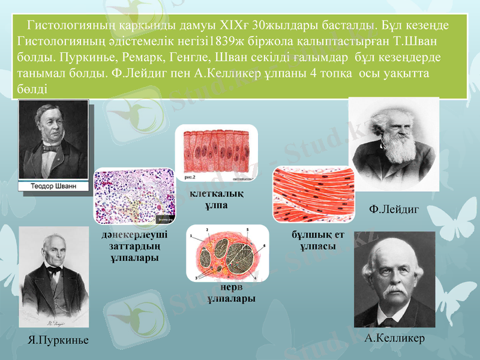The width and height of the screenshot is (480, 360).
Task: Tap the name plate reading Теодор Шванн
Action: [x=54, y=187]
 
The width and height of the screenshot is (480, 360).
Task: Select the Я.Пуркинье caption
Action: [x=58, y=340]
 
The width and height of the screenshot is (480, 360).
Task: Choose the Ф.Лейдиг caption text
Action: [x=394, y=208]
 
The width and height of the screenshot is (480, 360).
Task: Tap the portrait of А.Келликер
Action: [x=394, y=279]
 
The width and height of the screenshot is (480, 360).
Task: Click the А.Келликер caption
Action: [x=395, y=337]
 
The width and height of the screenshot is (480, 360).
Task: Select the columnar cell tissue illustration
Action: [x=215, y=155]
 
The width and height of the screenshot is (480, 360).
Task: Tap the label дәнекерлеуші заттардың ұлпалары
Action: [x=135, y=246]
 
